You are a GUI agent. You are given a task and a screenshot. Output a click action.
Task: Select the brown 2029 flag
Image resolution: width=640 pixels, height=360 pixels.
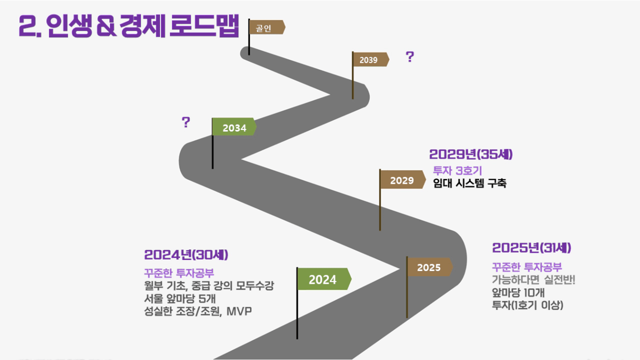tap(403, 179)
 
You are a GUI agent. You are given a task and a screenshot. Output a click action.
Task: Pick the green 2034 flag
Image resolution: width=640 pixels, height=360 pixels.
tap(234, 126)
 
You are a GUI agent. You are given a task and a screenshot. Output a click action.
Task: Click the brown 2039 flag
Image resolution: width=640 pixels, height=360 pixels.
tap(371, 59)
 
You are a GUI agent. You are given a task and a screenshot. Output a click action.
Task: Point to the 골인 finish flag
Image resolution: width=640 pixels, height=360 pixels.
tap(267, 27)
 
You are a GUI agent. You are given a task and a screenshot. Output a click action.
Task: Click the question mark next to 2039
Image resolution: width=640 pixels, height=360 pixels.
tap(410, 57)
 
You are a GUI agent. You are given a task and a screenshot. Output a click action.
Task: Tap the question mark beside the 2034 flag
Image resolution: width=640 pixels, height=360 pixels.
tap(186, 122)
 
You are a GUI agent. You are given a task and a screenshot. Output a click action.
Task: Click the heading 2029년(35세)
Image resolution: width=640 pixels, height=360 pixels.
tap(471, 154)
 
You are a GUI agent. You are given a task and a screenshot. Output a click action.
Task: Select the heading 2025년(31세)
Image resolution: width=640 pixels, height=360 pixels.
tap(532, 248)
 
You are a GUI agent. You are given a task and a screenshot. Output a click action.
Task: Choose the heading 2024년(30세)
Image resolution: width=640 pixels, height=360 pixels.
tap(186, 255)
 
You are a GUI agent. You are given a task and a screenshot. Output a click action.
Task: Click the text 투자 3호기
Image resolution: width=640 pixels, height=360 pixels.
tap(457, 171)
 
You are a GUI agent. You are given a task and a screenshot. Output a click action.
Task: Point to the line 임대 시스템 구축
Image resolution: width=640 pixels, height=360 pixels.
tap(469, 183)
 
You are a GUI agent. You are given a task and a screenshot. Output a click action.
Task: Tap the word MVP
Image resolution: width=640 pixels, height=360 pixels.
tap(239, 311)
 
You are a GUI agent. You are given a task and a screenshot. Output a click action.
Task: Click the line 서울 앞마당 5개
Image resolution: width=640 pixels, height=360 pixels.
tap(180, 298)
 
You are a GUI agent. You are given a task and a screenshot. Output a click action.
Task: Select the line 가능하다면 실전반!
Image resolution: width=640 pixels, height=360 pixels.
tap(534, 279)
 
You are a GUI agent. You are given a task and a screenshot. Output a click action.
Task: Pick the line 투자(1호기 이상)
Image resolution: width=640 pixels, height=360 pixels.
tap(527, 305)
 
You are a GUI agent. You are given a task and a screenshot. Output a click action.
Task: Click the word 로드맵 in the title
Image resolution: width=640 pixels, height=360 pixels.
tap(204, 25)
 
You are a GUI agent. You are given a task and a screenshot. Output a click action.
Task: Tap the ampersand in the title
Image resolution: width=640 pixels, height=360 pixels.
tap(106, 27)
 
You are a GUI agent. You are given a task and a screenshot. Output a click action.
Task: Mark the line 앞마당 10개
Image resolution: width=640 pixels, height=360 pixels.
tap(518, 293)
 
